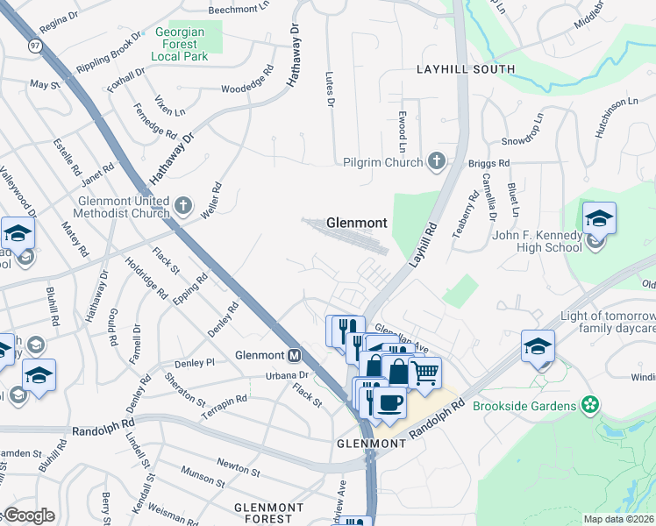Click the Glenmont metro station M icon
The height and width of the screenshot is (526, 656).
(295, 356)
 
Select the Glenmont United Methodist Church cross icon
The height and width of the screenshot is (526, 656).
(182, 206)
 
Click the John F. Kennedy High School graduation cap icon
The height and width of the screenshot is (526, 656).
(599, 218)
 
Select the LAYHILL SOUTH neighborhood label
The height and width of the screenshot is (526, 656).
(465, 68)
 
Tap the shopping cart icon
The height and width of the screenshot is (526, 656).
(424, 372)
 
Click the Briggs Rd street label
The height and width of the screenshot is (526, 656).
(492, 163)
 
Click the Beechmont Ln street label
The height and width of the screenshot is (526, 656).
(239, 11)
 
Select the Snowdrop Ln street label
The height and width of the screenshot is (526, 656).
(523, 129)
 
